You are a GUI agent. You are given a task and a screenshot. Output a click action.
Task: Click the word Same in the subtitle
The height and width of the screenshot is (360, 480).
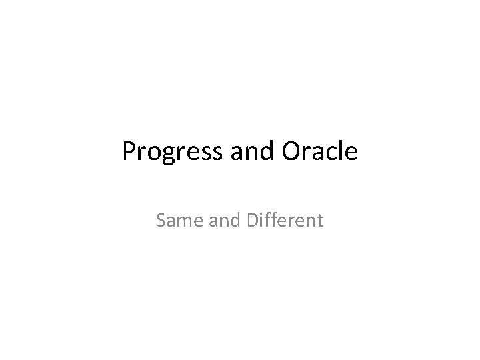(176, 219)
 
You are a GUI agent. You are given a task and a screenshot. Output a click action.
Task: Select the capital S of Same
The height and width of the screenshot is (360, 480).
(161, 219)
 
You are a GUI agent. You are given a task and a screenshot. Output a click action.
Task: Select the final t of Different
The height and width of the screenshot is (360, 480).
(320, 220)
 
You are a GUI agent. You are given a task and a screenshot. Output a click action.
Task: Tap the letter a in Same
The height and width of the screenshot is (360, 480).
(170, 221)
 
